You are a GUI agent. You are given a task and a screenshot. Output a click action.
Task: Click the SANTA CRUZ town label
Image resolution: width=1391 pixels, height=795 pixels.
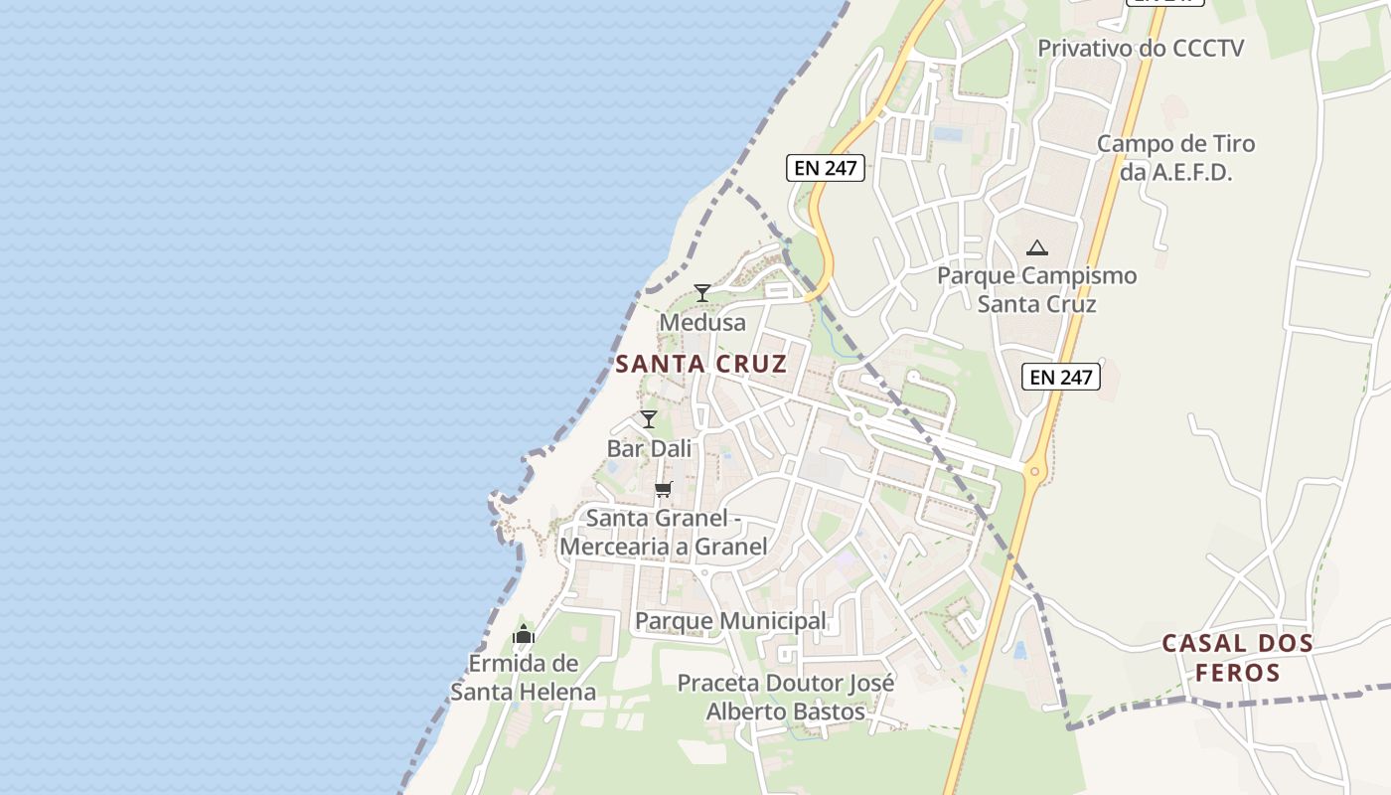point(700,364)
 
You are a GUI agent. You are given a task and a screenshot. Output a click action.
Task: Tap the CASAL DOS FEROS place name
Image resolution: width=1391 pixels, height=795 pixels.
point(1237,658)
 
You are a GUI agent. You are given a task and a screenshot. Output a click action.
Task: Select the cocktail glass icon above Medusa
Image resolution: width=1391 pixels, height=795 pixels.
point(702,292)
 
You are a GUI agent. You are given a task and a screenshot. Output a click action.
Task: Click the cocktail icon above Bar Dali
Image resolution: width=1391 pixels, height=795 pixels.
point(649,419)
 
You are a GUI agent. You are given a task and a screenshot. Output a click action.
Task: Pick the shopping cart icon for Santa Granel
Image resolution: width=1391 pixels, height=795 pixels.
point(664,489)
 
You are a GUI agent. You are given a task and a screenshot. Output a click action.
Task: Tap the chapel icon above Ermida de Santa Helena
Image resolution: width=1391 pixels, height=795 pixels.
point(524,634)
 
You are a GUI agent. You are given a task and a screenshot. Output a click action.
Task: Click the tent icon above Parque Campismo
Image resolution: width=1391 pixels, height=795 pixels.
point(1037,247)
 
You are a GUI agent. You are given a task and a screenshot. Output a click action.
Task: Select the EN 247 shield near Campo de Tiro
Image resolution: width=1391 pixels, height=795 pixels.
point(826,168)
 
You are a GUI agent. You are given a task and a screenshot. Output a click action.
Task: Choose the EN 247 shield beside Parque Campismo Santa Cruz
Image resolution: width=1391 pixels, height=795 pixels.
point(1061,377)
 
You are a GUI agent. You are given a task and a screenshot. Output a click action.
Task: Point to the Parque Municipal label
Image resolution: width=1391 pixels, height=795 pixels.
point(730,621)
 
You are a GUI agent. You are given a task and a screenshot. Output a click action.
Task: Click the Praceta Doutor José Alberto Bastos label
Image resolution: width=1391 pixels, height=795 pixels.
point(785,697)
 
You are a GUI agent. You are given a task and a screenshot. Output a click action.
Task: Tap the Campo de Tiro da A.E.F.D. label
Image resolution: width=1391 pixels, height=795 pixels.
point(1175,157)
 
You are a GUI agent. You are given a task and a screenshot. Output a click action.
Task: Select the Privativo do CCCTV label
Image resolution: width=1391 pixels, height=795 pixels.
point(1141,48)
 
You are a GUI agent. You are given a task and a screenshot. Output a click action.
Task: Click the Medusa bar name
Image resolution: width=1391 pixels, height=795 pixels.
point(702,323)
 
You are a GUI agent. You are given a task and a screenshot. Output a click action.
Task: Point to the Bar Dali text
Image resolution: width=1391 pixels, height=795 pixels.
point(649,448)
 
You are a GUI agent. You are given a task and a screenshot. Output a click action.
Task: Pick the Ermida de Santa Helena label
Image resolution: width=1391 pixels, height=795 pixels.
point(524,678)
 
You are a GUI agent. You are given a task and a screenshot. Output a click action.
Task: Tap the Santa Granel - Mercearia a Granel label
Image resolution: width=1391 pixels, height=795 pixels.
point(664,533)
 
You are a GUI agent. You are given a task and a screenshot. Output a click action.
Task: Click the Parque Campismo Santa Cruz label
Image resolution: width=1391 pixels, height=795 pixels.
point(1037,289)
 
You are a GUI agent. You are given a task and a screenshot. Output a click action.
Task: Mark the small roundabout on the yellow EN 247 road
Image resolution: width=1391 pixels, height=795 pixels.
point(1034,472)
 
